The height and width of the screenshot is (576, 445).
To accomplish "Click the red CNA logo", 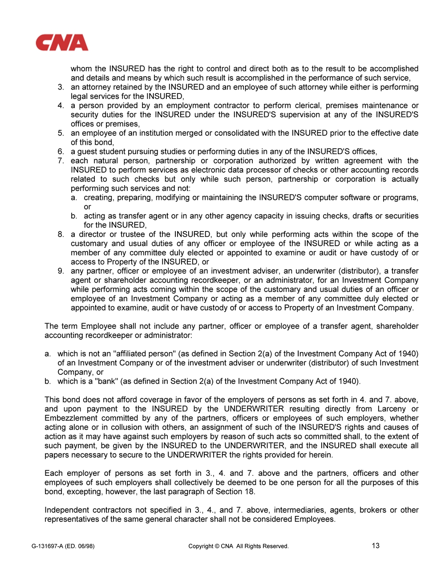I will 62,43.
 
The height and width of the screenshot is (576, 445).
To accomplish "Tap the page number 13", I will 376,546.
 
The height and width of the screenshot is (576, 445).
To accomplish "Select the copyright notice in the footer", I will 239,546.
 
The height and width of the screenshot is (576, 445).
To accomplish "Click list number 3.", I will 61,87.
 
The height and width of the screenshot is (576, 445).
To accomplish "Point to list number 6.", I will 61,151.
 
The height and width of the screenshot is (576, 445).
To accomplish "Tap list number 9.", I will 61,271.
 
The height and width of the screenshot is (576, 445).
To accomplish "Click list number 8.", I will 61,234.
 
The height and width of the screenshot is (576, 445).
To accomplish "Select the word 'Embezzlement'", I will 71,418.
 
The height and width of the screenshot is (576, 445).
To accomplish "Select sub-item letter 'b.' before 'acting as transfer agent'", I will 74,216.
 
